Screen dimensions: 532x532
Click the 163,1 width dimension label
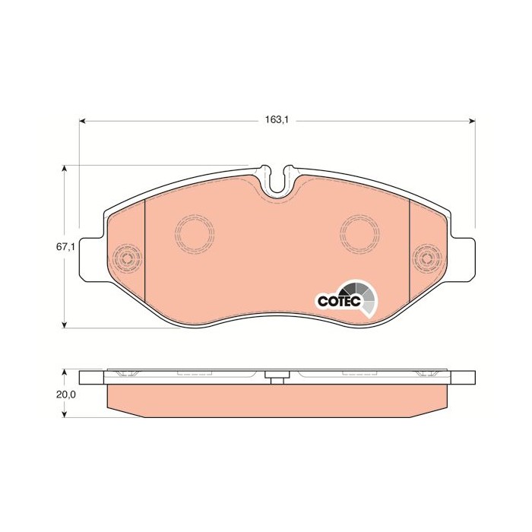tap(277, 119)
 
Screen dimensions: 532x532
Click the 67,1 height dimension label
tap(65, 247)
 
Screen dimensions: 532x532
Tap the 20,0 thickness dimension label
tap(65, 394)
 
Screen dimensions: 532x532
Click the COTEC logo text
tap(339, 300)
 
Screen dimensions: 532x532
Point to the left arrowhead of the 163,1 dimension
tap(82, 121)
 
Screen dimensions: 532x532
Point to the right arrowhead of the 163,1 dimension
tap(472, 121)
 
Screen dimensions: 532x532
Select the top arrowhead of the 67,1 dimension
tap(64, 169)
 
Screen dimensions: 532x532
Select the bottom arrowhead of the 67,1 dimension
tap(64, 325)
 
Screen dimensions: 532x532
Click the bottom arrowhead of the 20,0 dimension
tap(64, 414)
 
